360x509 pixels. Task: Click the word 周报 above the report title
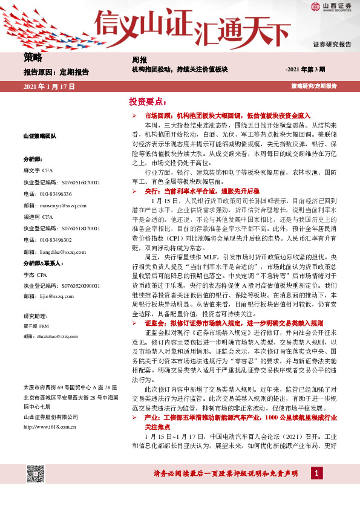pos(140,60)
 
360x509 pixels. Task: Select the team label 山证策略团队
pos(40,137)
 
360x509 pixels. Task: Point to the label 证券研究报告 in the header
pos(332,45)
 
